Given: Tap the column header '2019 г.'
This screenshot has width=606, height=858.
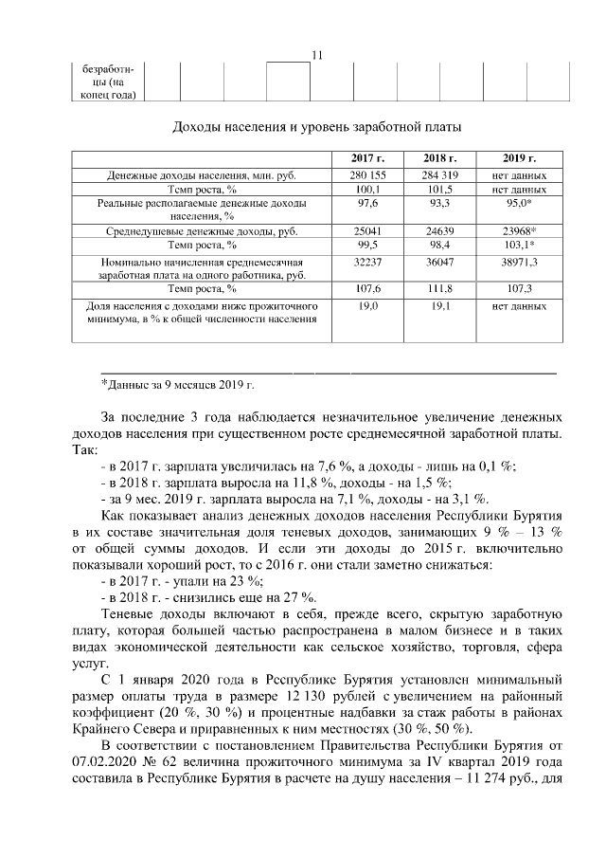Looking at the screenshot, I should pyautogui.click(x=519, y=158).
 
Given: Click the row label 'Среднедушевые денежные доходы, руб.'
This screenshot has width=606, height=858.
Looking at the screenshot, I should pyautogui.click(x=202, y=230).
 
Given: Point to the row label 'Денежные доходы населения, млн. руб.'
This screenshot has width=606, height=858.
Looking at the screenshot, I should pyautogui.click(x=202, y=175).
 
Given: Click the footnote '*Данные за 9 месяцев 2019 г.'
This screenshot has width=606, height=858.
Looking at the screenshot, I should pyautogui.click(x=178, y=384).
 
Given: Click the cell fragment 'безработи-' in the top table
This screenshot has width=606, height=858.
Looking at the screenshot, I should pyautogui.click(x=108, y=69).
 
